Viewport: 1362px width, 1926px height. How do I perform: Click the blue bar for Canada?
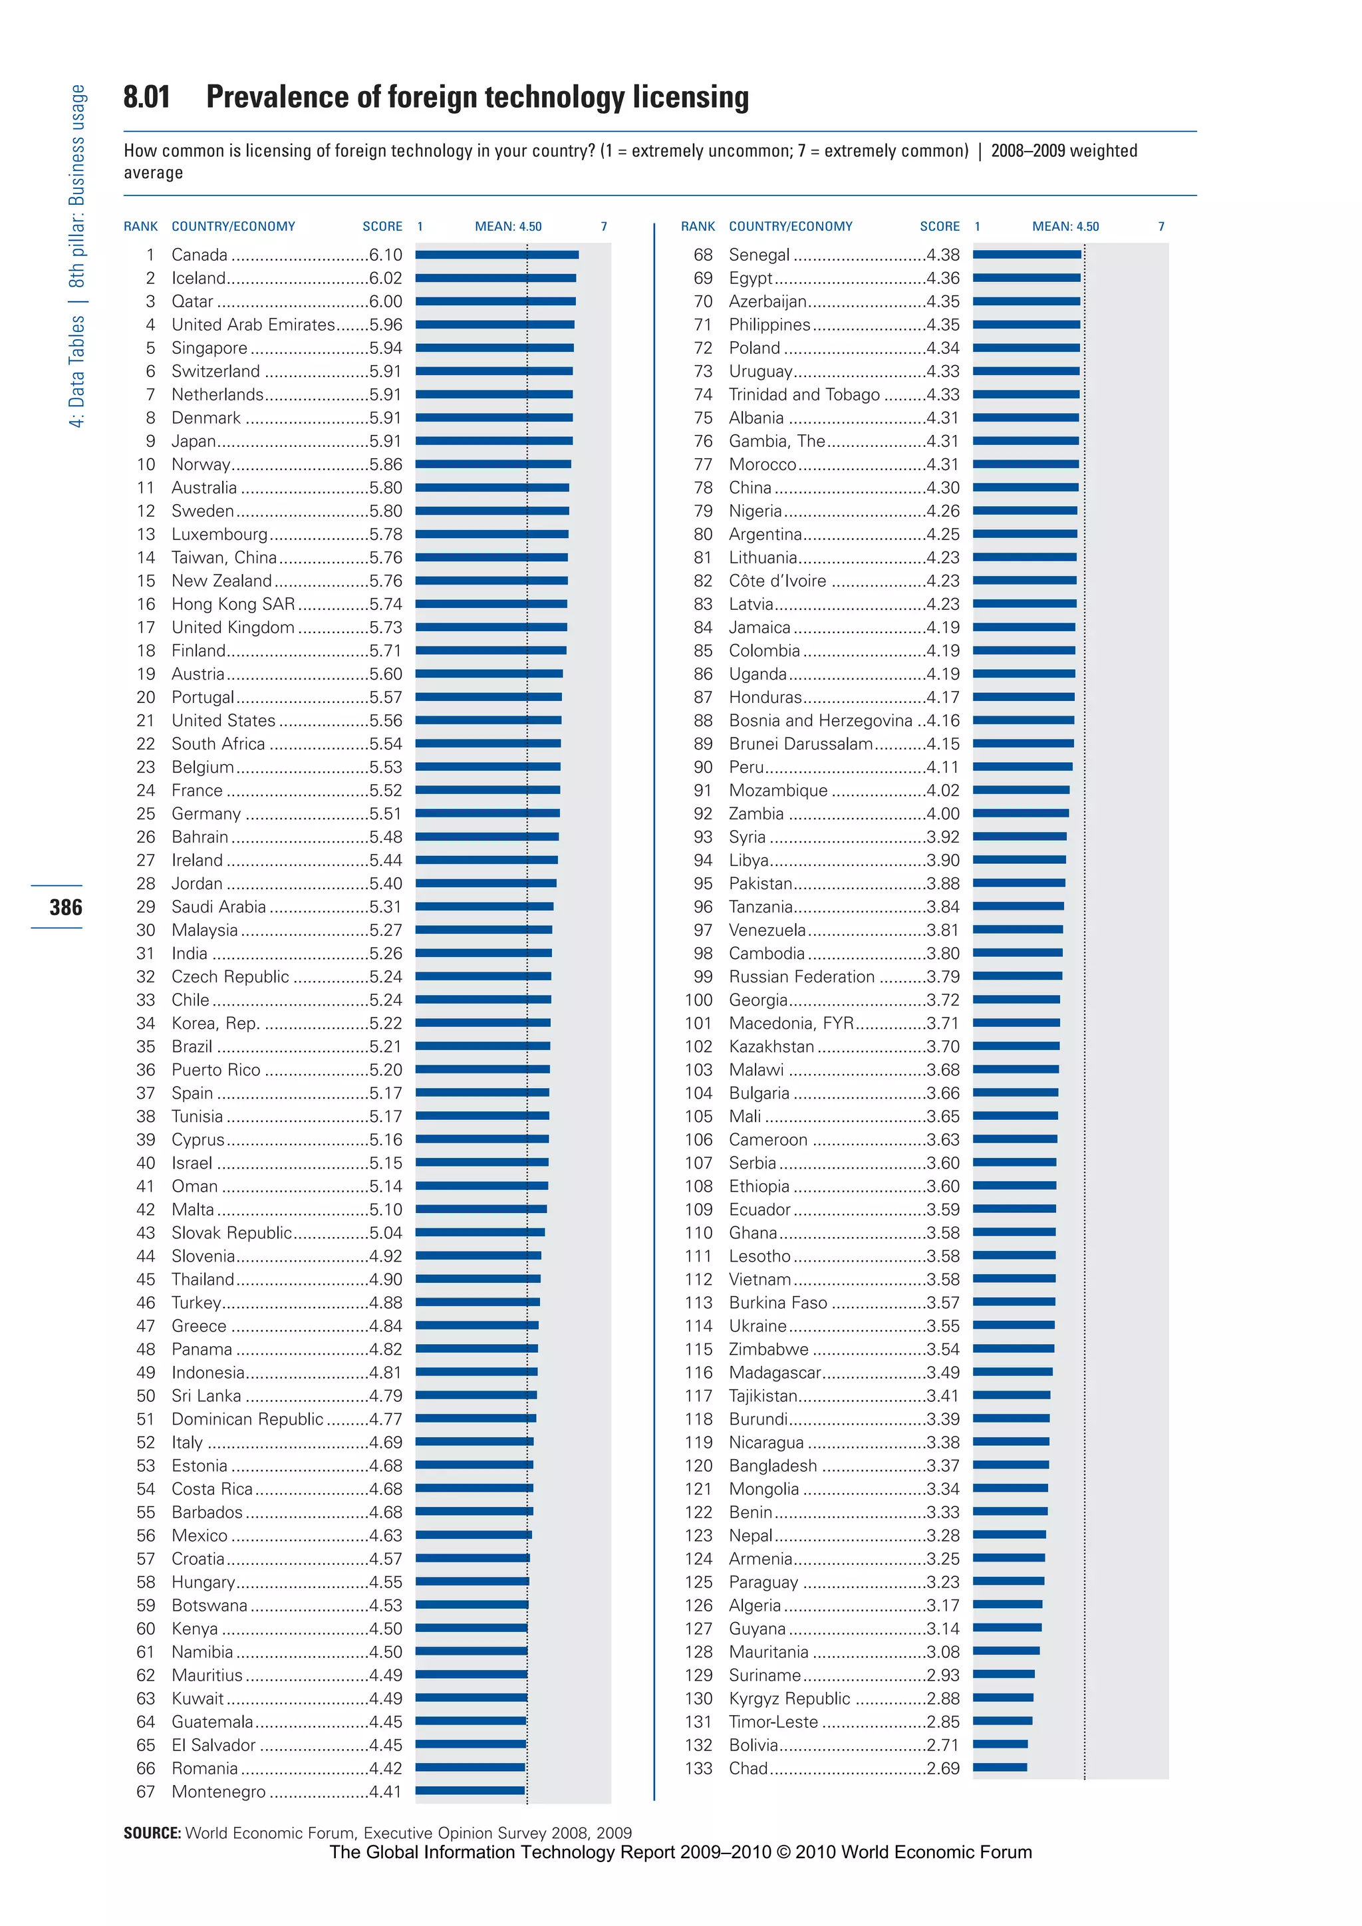497,255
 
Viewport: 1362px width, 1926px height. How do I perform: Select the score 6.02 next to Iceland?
385,279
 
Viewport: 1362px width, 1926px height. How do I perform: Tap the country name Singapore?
209,348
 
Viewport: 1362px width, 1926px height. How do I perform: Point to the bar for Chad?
1000,1768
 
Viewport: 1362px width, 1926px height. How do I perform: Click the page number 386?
65,908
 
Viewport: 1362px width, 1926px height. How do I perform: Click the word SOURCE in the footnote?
152,1833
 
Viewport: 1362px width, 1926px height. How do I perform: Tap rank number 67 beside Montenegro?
145,1792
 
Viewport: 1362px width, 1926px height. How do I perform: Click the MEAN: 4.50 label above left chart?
508,227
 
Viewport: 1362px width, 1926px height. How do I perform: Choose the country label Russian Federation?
801,977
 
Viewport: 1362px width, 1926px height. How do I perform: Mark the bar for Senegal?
1027,255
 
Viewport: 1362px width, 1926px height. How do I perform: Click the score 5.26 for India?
385,954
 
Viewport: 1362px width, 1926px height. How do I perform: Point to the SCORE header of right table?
939,227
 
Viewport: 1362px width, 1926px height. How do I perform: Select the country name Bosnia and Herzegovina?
819,720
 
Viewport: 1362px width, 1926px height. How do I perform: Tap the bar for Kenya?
472,1628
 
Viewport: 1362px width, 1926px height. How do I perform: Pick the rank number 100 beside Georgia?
698,1000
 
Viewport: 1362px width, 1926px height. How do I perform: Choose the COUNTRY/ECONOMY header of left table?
233,227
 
